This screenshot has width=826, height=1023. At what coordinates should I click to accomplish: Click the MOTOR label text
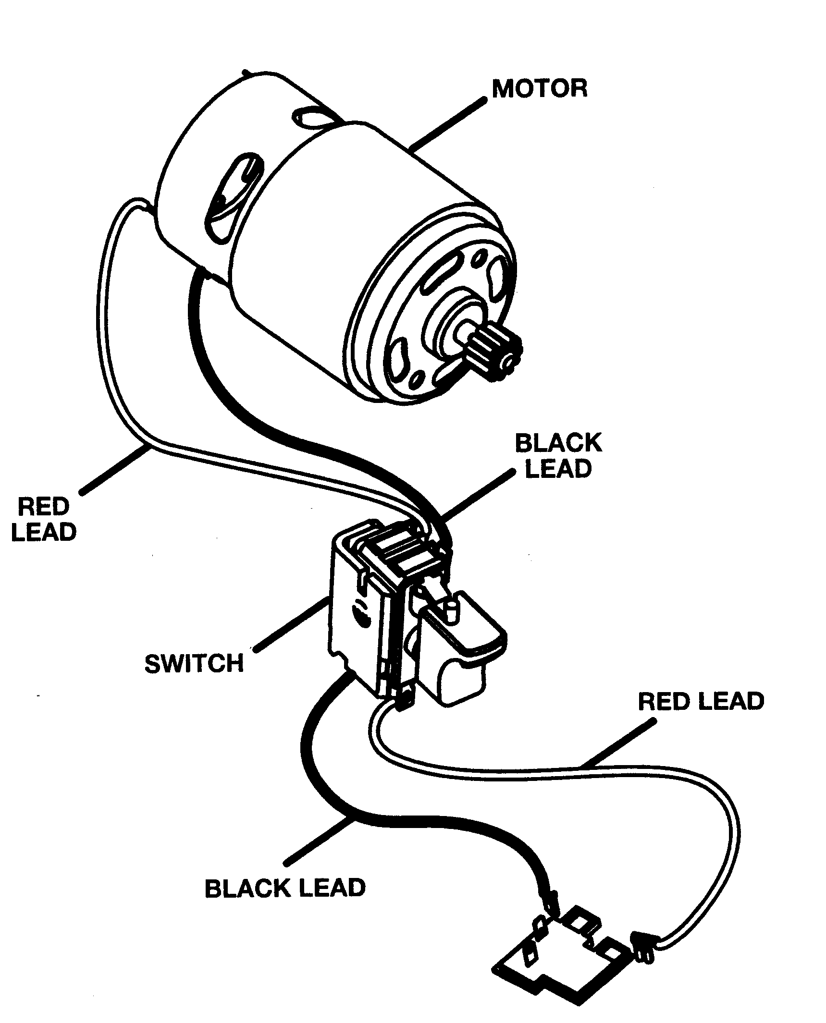(x=539, y=89)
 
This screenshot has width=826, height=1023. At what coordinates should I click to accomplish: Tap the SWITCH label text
(x=194, y=664)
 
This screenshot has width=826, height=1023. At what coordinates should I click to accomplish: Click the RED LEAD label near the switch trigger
(x=701, y=702)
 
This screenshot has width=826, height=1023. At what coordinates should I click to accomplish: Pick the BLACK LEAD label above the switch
(x=558, y=455)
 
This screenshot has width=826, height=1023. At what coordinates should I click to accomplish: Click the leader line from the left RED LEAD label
(x=115, y=468)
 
